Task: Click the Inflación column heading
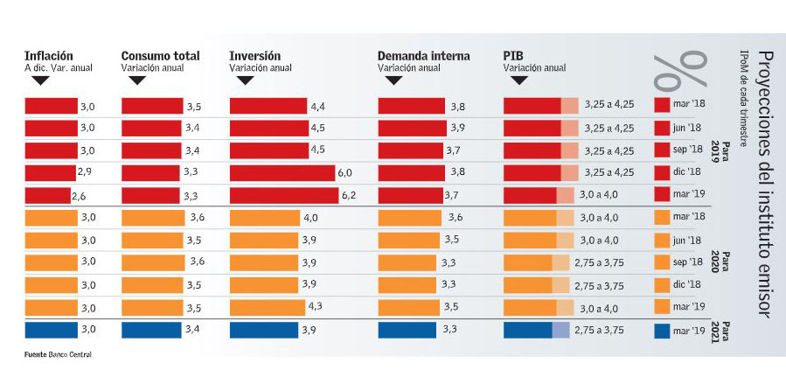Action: pyautogui.click(x=49, y=56)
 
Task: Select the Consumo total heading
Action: pyautogui.click(x=160, y=56)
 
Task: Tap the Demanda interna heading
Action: pyautogui.click(x=423, y=56)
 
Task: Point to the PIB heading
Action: pyautogui.click(x=512, y=56)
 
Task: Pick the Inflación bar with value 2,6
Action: pyautogui.click(x=46, y=195)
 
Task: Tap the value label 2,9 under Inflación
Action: pyautogui.click(x=85, y=172)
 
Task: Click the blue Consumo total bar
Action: pyautogui.click(x=151, y=330)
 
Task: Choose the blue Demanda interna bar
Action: pyautogui.click(x=407, y=330)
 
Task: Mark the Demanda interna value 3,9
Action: pyautogui.click(x=456, y=128)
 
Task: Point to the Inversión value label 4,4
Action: pyautogui.click(x=317, y=106)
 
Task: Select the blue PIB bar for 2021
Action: pyautogui.click(x=528, y=330)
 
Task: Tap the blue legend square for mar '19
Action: pyautogui.click(x=662, y=331)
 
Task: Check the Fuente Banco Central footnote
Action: pyautogui.click(x=58, y=354)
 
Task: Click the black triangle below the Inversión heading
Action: pyautogui.click(x=245, y=80)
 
